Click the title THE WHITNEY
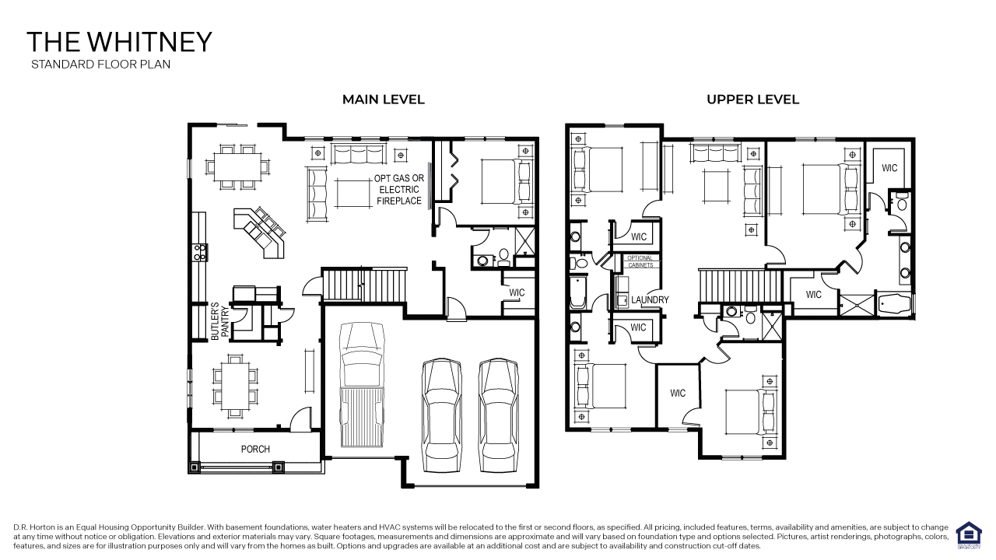click(x=119, y=42)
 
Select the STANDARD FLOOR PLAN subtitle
click(x=100, y=65)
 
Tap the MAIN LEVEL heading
click(x=384, y=100)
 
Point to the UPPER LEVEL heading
click(x=752, y=100)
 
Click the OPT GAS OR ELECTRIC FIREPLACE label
click(x=399, y=190)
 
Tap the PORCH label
click(x=255, y=449)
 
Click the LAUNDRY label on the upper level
click(x=650, y=300)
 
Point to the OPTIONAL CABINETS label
click(x=640, y=261)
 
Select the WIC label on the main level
click(x=517, y=293)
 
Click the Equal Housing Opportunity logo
click(x=968, y=534)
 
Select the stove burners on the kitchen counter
click(x=198, y=251)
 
